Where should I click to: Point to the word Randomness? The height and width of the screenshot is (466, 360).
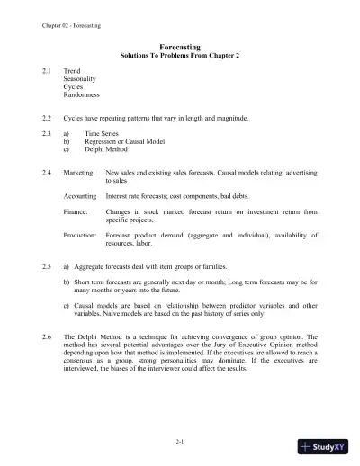pyautogui.click(x=82, y=94)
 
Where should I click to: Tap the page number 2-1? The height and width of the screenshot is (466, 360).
pyautogui.click(x=179, y=442)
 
